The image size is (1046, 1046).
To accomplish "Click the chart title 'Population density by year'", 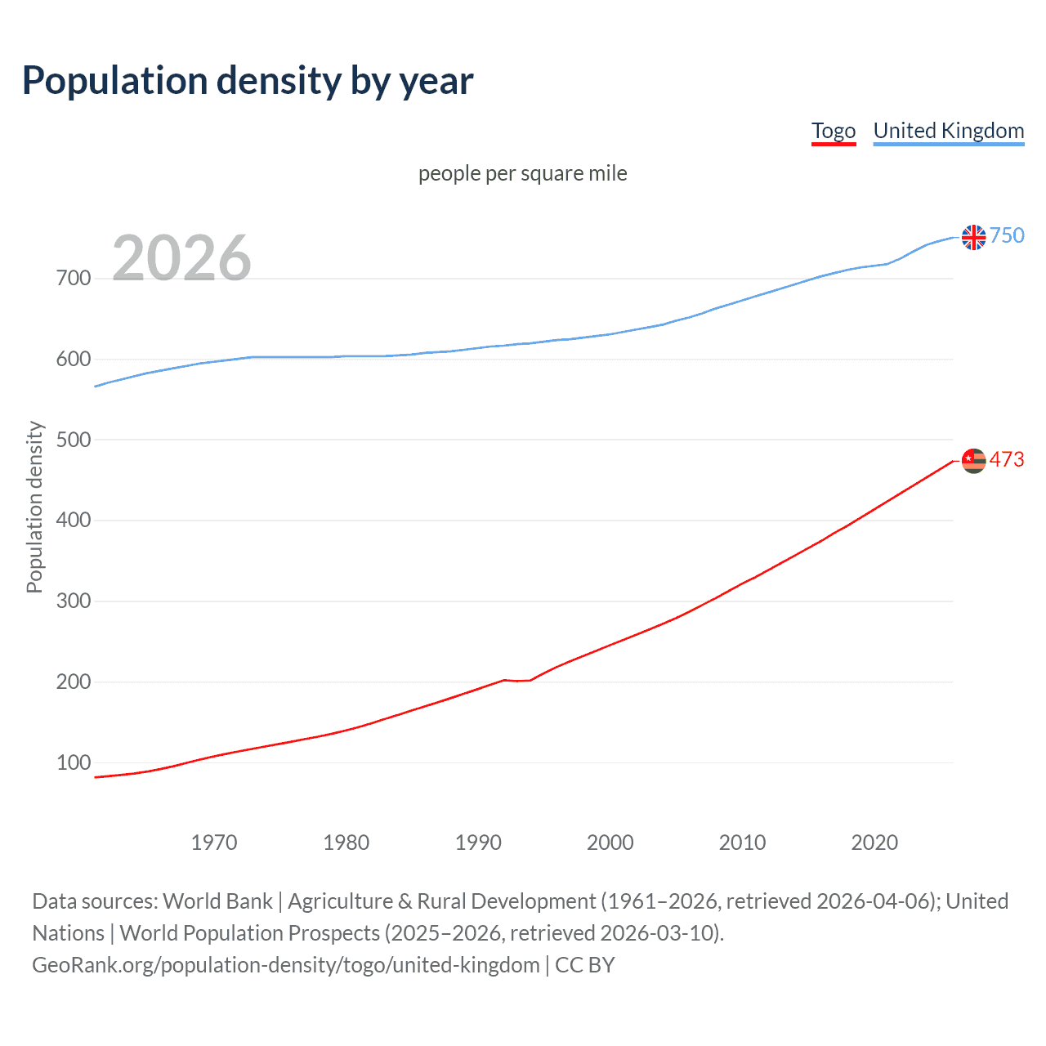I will [x=248, y=81].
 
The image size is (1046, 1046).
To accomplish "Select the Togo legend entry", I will [x=833, y=131].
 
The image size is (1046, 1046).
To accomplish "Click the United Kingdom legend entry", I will [x=948, y=131].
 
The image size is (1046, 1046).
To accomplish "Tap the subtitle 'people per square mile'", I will [x=522, y=173].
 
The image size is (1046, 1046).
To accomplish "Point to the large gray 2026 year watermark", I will [x=181, y=258].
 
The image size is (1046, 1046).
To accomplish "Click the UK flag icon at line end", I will [x=973, y=237].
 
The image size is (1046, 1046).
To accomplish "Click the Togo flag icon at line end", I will [x=973, y=461].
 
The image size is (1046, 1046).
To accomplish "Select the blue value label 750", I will [x=1007, y=236].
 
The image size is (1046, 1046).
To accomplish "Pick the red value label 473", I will [x=1007, y=460].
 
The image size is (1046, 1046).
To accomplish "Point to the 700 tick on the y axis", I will [x=74, y=279].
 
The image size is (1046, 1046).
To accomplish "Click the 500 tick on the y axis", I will [x=74, y=440].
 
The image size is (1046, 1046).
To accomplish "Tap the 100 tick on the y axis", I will [x=74, y=762].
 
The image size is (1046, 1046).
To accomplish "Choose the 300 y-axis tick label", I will [x=74, y=601].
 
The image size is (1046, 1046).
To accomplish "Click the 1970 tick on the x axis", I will [x=214, y=843].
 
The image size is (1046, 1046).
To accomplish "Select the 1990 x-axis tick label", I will [x=478, y=843].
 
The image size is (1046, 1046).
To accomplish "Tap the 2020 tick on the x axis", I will [x=874, y=843].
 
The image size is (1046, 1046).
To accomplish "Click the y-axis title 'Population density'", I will [x=34, y=507].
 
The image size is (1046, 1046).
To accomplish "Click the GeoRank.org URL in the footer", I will [x=286, y=965].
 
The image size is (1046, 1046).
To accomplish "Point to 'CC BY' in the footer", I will [x=585, y=965].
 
